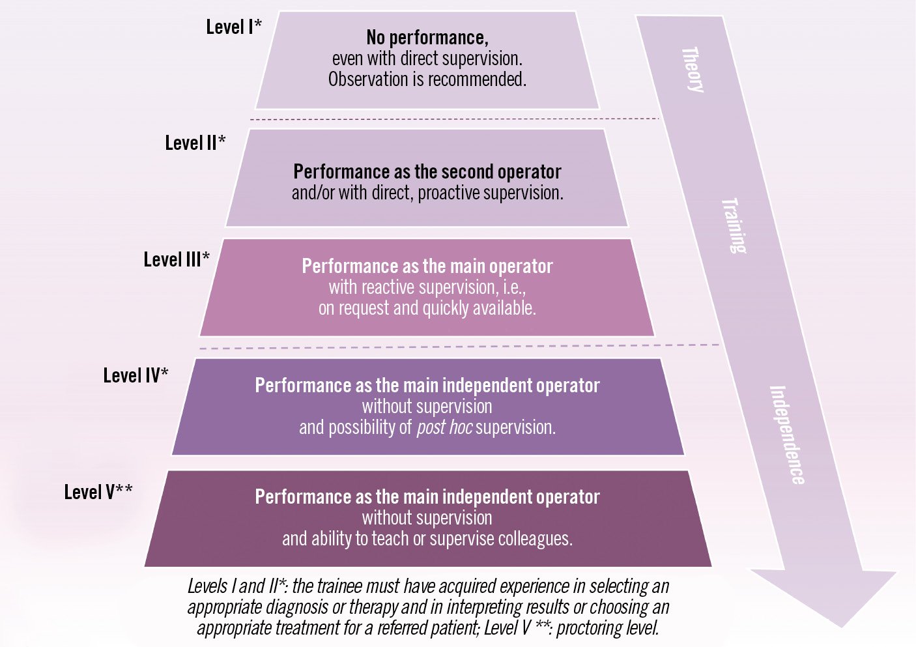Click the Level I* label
(234, 27)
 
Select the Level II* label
(195, 143)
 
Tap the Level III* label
(177, 259)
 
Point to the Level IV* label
(136, 375)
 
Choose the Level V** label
(98, 492)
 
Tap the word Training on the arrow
(734, 225)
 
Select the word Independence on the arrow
(787, 435)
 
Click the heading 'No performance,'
(427, 38)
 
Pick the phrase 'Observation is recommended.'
(427, 79)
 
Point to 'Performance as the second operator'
(427, 172)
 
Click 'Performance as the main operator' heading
(427, 266)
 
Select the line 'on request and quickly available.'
(427, 308)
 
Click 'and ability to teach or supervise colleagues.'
(427, 539)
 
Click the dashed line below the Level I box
(456, 119)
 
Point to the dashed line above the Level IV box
(456, 347)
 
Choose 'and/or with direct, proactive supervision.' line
(427, 193)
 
